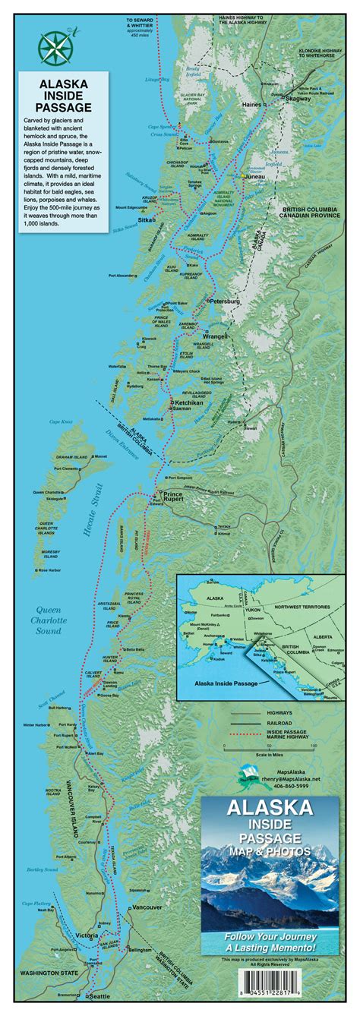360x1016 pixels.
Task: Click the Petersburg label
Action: tap(224, 301)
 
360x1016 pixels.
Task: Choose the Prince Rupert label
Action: tap(179, 499)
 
